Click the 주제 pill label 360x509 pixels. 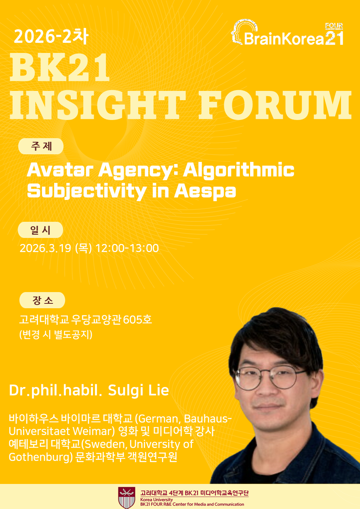click(x=41, y=146)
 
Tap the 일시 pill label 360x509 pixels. click(x=40, y=230)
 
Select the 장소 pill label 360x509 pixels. click(x=42, y=300)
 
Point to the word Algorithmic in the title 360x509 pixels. click(x=239, y=170)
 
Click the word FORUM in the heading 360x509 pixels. click(x=275, y=105)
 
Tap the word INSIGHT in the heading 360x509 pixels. click(x=98, y=105)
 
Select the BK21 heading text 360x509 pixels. click(x=59, y=67)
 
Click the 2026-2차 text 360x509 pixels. click(x=51, y=36)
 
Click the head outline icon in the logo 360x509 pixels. click(x=244, y=32)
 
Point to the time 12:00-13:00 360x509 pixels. click(x=127, y=248)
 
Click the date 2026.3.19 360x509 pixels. click(x=45, y=248)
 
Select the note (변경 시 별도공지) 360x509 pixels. click(x=56, y=334)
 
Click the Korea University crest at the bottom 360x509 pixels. click(x=126, y=498)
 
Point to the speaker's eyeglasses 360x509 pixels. click(x=269, y=377)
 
